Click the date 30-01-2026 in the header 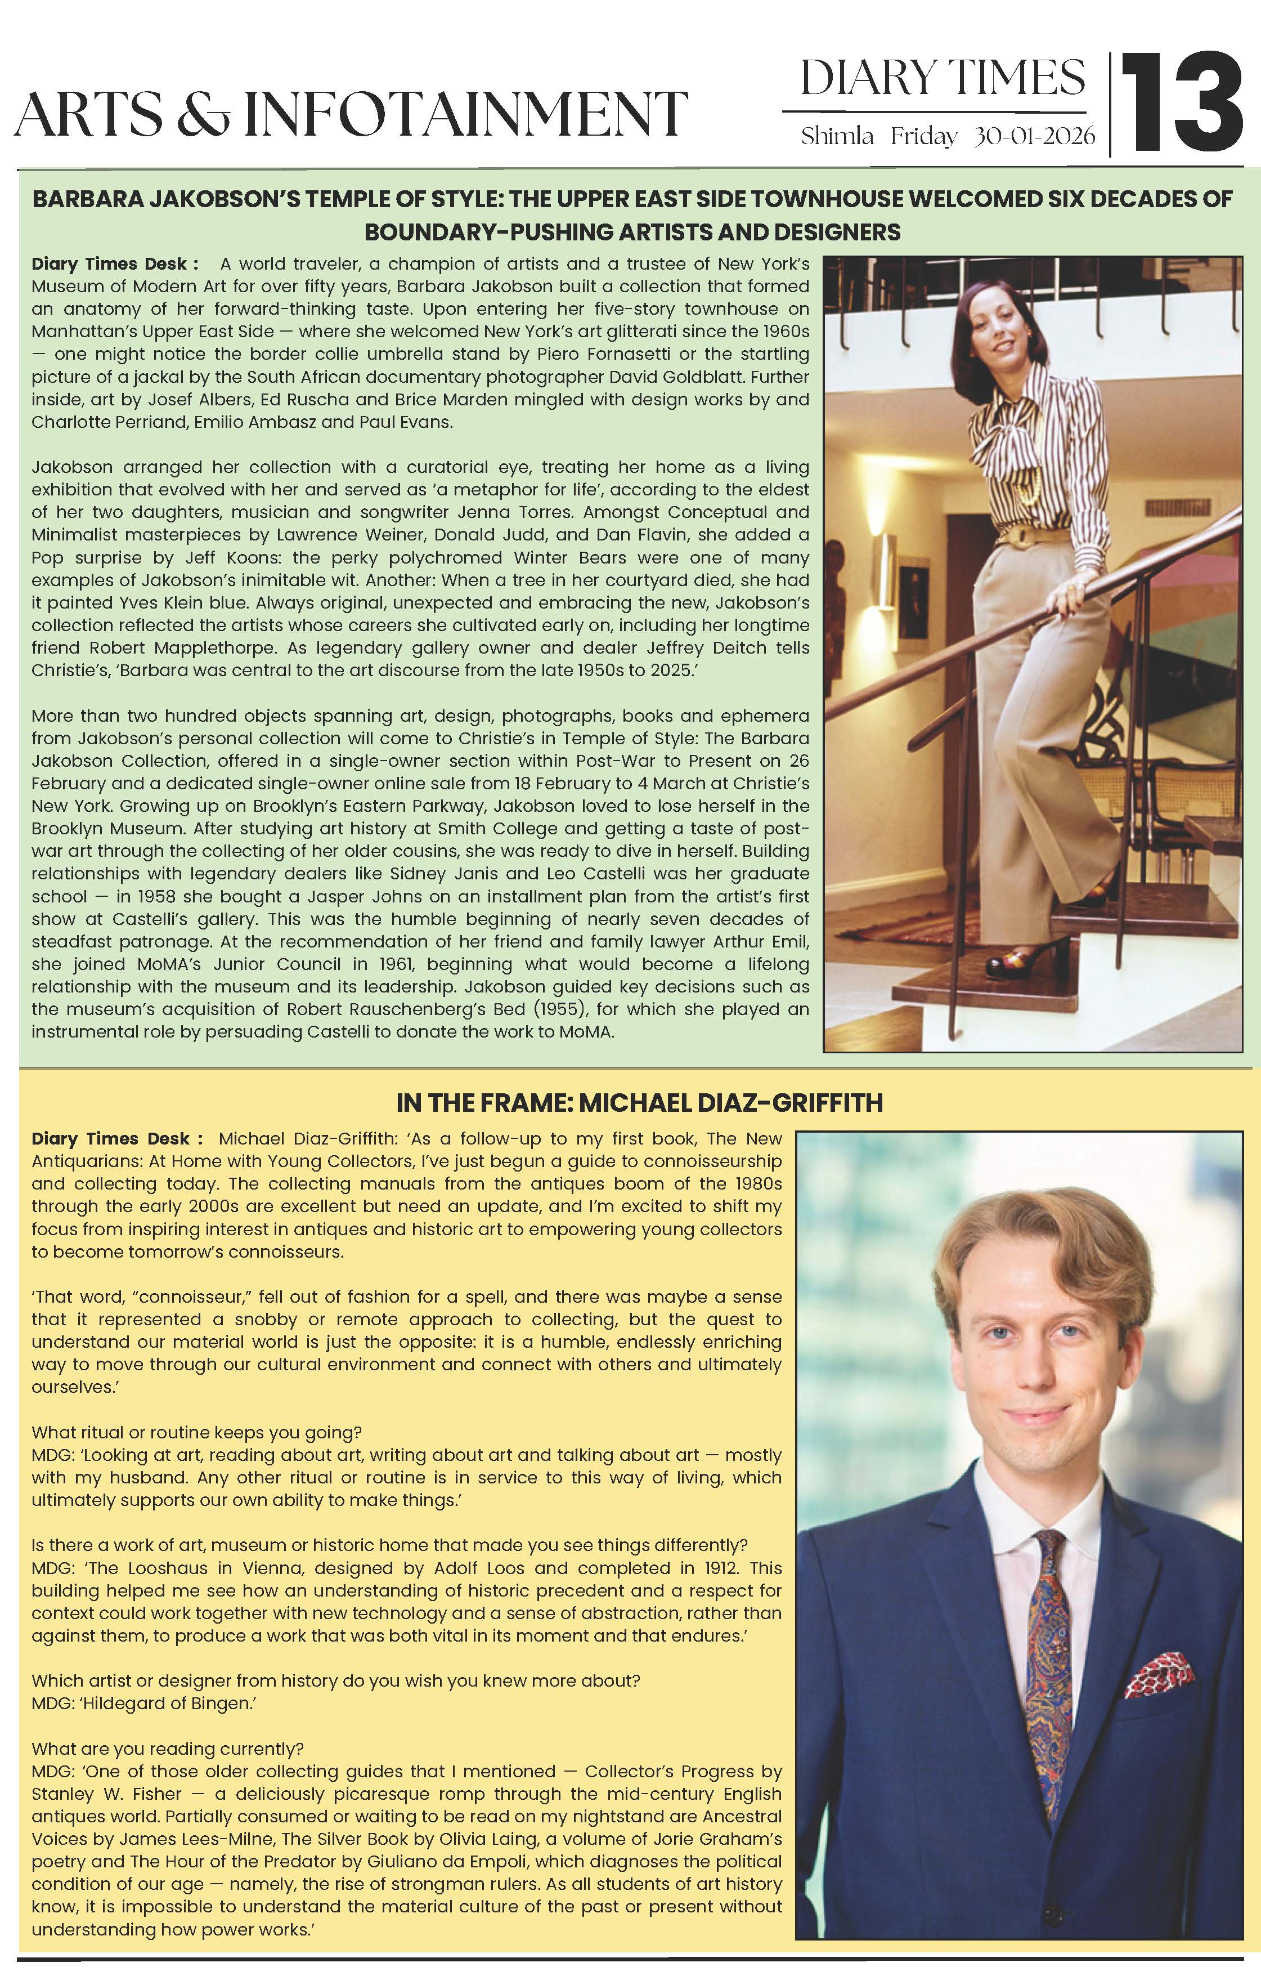click(x=1035, y=136)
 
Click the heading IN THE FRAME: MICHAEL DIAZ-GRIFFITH click(x=639, y=1103)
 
